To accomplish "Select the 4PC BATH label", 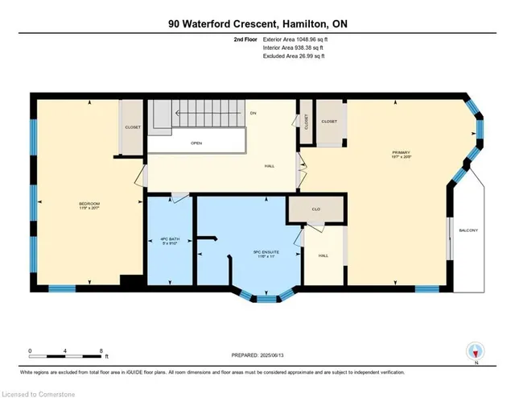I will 171,241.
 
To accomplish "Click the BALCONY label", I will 468,231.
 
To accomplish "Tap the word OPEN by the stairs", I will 196,144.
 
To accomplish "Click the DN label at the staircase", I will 253,113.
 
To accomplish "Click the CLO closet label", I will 316,209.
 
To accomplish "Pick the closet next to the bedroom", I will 131,126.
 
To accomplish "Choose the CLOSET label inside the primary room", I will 328,122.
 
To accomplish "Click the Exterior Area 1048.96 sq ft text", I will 297,39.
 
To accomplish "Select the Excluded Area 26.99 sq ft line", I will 297,56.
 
